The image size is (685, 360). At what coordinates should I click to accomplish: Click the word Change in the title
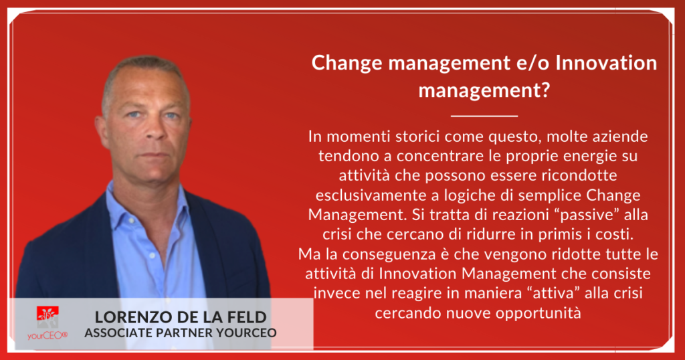click(347, 64)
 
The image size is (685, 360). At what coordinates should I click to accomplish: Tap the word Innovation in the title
click(606, 62)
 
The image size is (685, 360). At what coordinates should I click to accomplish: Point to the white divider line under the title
click(484, 116)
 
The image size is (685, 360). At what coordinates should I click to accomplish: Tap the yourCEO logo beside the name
click(47, 323)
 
